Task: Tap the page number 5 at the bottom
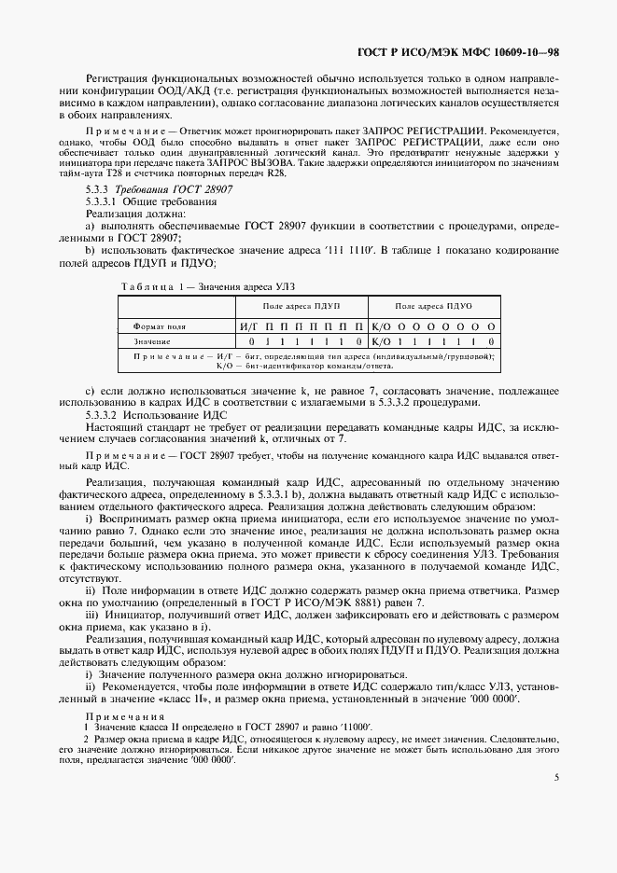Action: pyautogui.click(x=555, y=776)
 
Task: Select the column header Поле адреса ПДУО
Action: pyautogui.click(x=433, y=306)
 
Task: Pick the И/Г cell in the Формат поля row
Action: pyautogui.click(x=248, y=327)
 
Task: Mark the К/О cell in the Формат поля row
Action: pyautogui.click(x=380, y=327)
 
